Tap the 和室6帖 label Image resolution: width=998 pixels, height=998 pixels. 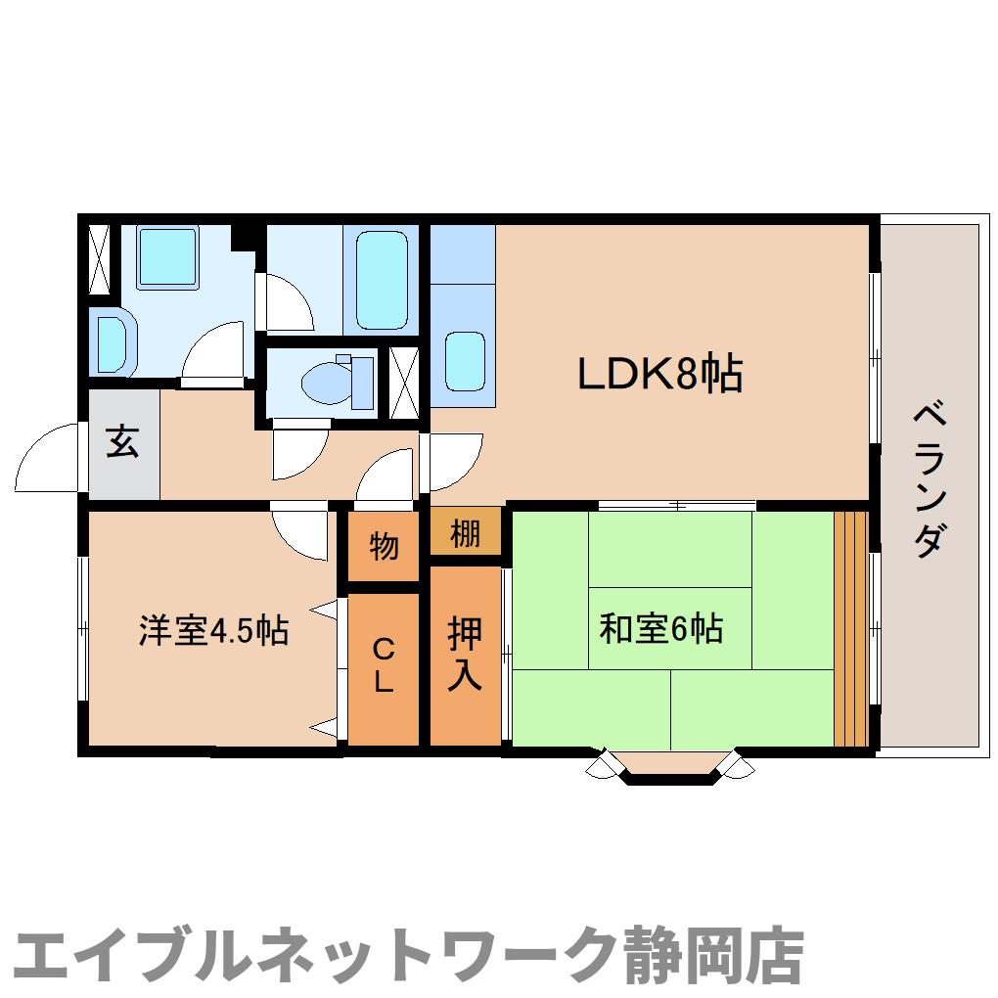[x=660, y=627]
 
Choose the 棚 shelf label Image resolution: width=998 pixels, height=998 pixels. [x=466, y=535]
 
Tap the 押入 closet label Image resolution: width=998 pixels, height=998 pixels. [x=465, y=654]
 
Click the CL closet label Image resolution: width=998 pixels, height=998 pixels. [x=384, y=664]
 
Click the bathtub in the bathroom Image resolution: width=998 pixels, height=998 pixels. [x=381, y=281]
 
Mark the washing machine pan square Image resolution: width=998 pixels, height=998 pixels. [x=167, y=257]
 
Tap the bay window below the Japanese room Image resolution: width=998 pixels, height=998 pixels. [x=671, y=767]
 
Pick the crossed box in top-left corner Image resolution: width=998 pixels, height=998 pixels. [x=100, y=259]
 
